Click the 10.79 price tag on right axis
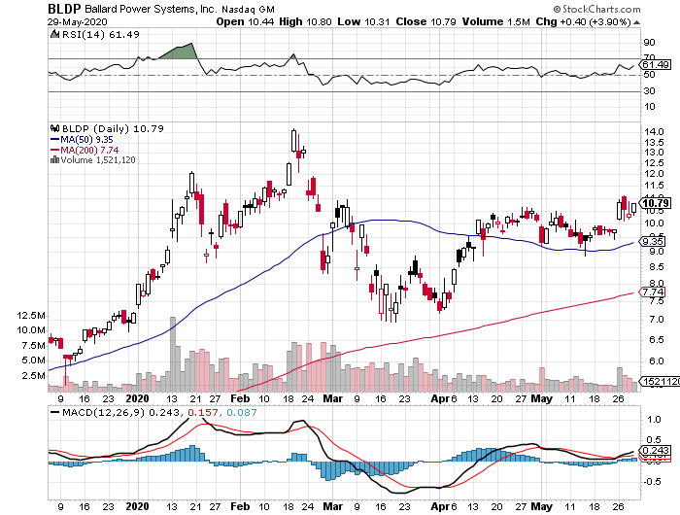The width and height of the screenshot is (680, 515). pos(656,203)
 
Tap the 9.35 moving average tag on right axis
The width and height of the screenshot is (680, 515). pos(655,242)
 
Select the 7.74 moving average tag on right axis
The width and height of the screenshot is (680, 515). pos(655,291)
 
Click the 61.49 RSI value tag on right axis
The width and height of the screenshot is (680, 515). pos(657,64)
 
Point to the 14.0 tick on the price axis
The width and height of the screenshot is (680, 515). pos(654,131)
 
